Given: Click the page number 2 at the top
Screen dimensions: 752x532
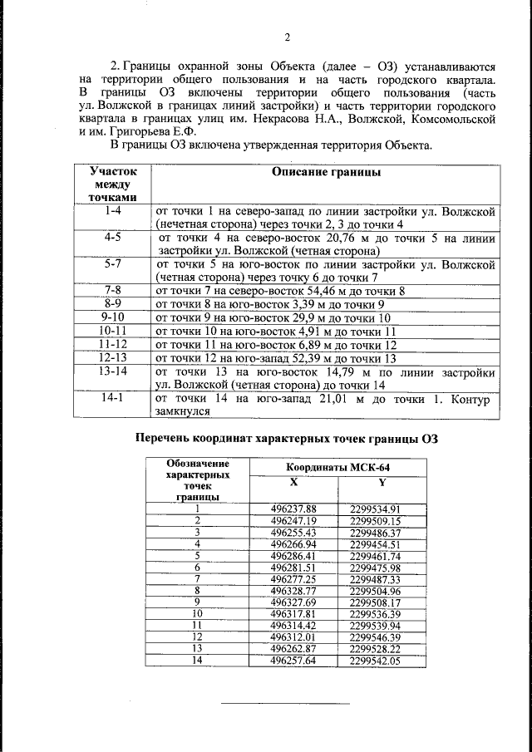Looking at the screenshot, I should pyautogui.click(x=287, y=37).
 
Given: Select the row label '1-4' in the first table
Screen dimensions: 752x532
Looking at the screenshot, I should pyautogui.click(x=112, y=212).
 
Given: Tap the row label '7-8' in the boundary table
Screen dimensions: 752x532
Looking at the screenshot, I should pyautogui.click(x=112, y=290).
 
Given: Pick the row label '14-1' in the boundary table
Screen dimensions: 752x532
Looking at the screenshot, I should pyautogui.click(x=112, y=400).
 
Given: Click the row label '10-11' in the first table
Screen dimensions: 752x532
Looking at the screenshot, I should pyautogui.click(x=112, y=330).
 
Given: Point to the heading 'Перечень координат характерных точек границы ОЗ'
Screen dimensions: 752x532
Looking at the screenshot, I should pyautogui.click(x=287, y=439).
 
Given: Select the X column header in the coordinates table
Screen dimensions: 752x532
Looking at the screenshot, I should pyautogui.click(x=293, y=482).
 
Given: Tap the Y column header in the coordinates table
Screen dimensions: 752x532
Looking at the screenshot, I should pyautogui.click(x=382, y=482).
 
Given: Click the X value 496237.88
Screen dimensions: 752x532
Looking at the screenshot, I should pyautogui.click(x=294, y=509).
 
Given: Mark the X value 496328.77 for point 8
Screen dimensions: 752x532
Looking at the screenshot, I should pyautogui.click(x=294, y=590).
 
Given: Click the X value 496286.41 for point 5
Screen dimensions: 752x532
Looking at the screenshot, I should pyautogui.click(x=294, y=555).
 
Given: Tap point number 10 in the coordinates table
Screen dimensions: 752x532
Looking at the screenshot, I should pyautogui.click(x=196, y=613).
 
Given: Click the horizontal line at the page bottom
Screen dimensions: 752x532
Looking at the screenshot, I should pyautogui.click(x=285, y=703).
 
